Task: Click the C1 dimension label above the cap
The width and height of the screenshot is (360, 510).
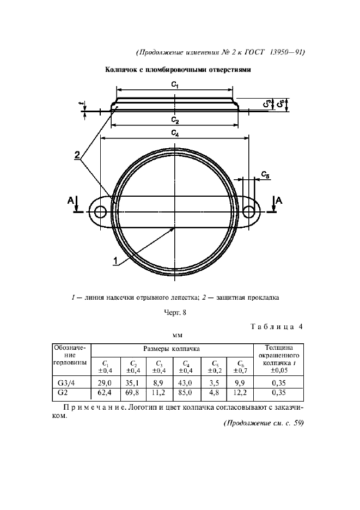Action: (175, 84)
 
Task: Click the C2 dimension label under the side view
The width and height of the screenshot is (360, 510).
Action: (175, 120)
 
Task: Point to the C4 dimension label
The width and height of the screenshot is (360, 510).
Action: (175, 133)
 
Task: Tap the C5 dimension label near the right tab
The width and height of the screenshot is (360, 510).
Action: (265, 175)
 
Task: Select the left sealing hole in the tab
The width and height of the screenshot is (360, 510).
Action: (101, 212)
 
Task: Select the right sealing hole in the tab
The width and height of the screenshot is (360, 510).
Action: (249, 212)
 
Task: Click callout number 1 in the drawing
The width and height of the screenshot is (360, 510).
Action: (115, 261)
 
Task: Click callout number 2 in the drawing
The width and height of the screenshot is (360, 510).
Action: (77, 155)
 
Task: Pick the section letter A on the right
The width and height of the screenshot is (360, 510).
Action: (279, 201)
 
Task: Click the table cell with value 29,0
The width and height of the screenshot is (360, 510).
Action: (105, 383)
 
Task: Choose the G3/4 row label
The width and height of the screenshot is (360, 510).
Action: (66, 383)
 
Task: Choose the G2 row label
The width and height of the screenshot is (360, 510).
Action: (63, 393)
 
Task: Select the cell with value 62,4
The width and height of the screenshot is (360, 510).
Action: (105, 393)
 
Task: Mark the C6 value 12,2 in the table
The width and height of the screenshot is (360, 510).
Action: (240, 393)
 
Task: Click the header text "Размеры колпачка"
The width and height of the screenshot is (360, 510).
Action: (172, 349)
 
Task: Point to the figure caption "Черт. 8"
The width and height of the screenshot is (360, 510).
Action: (175, 313)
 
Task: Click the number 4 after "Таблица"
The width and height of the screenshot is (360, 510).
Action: (300, 327)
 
